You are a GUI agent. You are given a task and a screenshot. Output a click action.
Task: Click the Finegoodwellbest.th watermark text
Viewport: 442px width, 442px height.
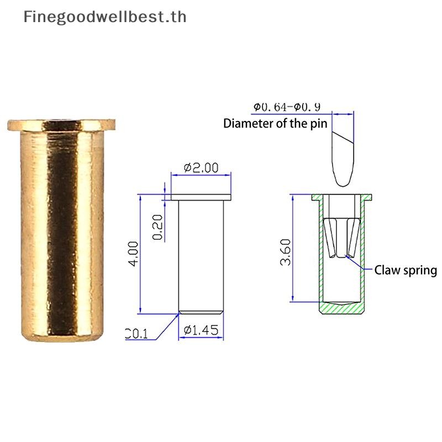point(104,17)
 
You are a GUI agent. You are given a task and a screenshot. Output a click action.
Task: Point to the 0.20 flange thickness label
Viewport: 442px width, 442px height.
point(158,228)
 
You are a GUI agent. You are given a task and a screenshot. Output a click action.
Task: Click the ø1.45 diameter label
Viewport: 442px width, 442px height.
point(201,330)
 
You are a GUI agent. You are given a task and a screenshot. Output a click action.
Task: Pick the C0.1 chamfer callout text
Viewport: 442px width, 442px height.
point(136,333)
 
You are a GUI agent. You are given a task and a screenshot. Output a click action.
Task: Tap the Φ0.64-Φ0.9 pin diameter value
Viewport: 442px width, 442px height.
point(287,107)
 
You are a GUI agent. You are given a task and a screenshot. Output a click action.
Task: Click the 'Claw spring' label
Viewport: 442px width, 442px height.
point(406,270)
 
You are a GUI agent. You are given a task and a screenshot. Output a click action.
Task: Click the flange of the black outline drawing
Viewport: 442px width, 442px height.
point(201,197)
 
